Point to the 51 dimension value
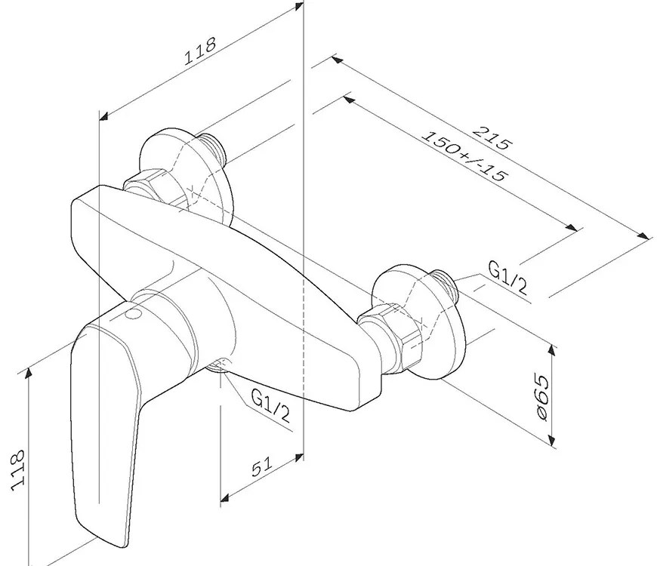pos(261,468)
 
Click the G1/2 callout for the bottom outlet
pos(270,408)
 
